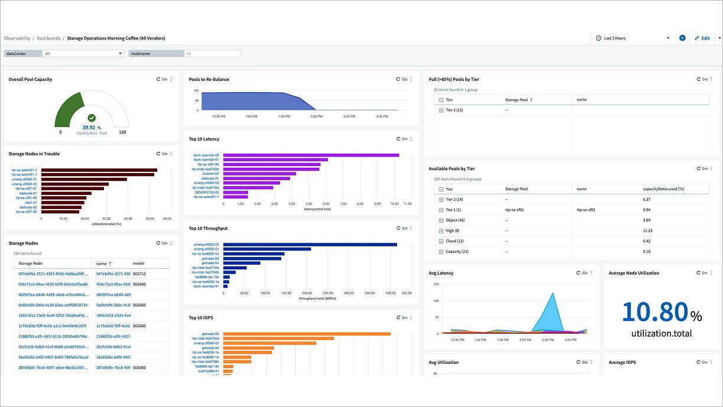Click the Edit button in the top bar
(702, 38)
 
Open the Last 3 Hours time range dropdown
(632, 38)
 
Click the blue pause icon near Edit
(682, 38)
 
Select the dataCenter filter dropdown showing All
(83, 53)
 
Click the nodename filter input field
(212, 53)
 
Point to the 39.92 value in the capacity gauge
(89, 127)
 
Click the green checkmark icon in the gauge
(92, 118)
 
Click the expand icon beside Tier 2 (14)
(441, 200)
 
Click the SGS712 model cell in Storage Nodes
(139, 274)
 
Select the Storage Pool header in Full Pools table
(516, 100)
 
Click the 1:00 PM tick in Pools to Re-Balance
(251, 116)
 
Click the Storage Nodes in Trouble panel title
(34, 154)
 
